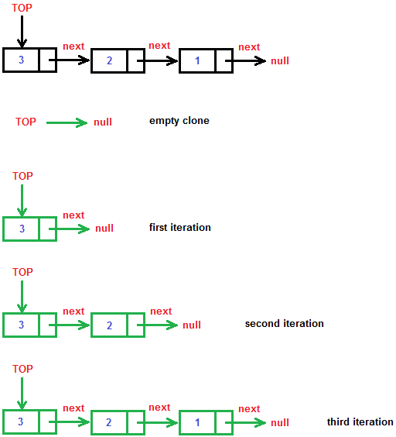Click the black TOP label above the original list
[x=22, y=8]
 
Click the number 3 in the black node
[x=22, y=60]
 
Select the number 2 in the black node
[x=110, y=60]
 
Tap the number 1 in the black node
[x=198, y=60]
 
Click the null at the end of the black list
[x=280, y=60]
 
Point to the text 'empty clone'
[x=179, y=121]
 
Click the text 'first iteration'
[x=180, y=228]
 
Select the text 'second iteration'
[x=284, y=324]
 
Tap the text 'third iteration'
[x=360, y=422]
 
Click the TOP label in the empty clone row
[x=26, y=122]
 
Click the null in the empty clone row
[x=103, y=122]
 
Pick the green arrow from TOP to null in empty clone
[x=67, y=122]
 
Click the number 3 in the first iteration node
[x=22, y=229]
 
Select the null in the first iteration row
[x=104, y=229]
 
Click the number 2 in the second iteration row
[x=110, y=325]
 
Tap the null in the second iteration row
[x=192, y=325]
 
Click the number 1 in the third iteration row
[x=198, y=422]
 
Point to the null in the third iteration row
[x=280, y=423]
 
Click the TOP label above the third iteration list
[x=23, y=370]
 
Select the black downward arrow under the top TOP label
[x=22, y=32]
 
